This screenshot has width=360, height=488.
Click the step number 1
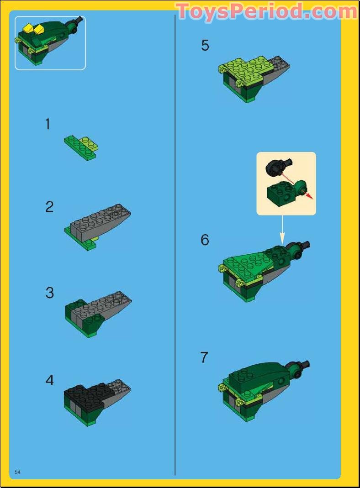click(x=48, y=124)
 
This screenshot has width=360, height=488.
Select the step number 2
click(x=49, y=207)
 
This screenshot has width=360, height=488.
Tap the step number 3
click(x=49, y=293)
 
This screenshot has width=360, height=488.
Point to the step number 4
click(x=49, y=380)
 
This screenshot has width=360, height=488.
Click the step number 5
click(x=205, y=46)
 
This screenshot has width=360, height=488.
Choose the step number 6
click(x=205, y=240)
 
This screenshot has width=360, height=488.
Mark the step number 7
click(x=204, y=357)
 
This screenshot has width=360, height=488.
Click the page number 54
click(x=18, y=472)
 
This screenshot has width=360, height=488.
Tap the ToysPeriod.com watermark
click(x=266, y=11)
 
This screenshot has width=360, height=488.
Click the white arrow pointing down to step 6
click(x=282, y=231)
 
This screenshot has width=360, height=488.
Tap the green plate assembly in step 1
click(x=81, y=147)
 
